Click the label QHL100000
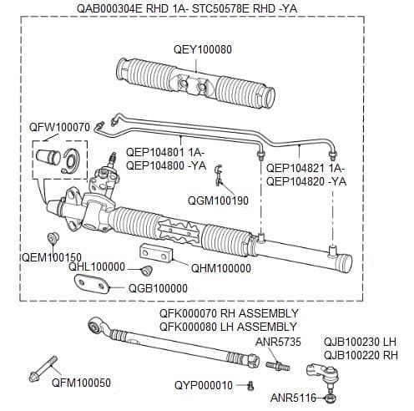tap(97, 267)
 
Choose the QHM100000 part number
tap(220, 268)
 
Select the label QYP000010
tap(203, 385)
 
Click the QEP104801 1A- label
tap(164, 153)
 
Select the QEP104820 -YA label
tap(305, 181)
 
